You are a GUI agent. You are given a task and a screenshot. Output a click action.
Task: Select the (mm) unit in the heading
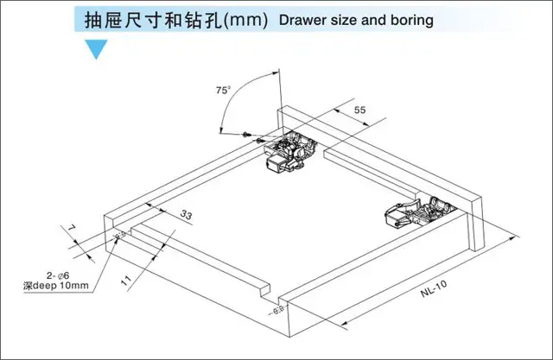245,18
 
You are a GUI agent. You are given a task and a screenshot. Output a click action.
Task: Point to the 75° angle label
224,90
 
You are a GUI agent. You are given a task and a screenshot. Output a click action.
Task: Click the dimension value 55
360,111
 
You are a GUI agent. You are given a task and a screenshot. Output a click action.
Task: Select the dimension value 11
126,279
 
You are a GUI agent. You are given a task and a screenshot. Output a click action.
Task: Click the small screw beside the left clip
251,135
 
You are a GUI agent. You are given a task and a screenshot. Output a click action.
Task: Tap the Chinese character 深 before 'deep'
29,287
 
